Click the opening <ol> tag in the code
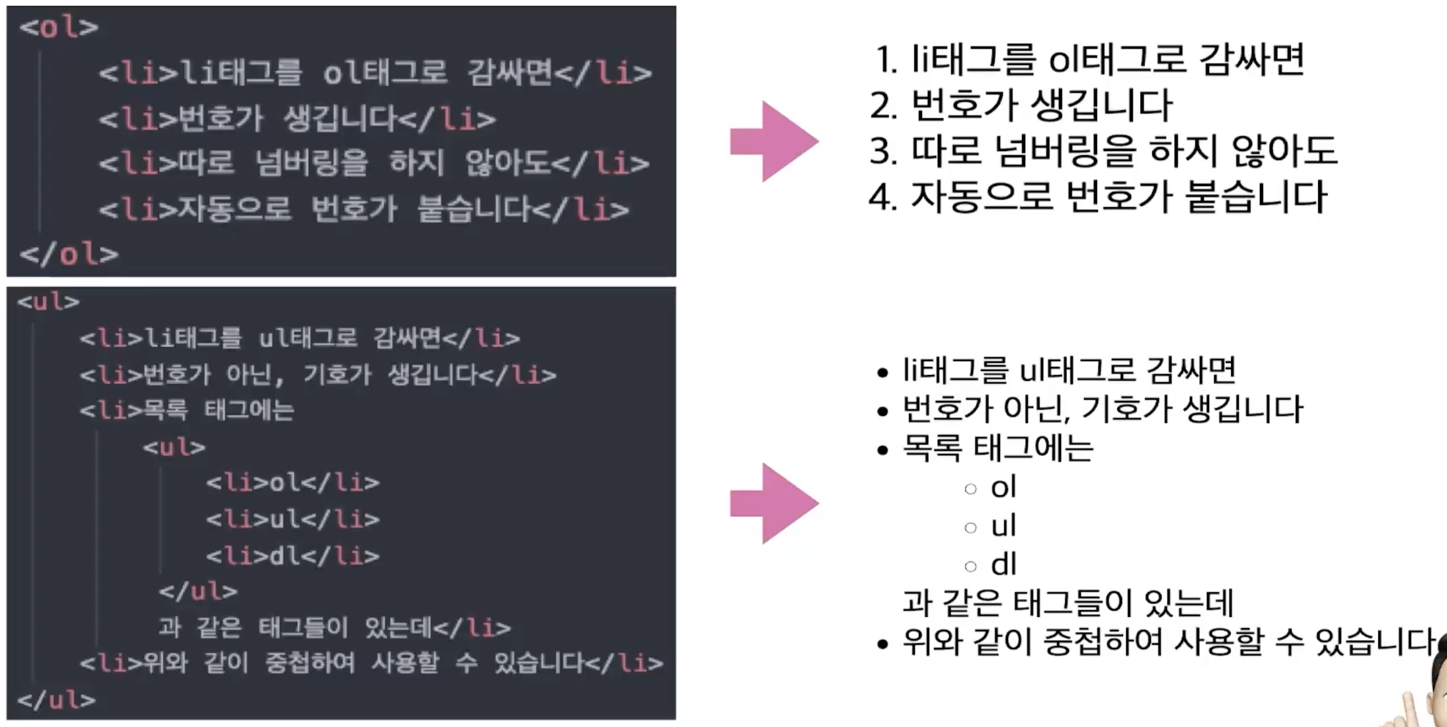(59, 27)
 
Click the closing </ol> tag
(69, 254)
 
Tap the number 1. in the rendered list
(886, 60)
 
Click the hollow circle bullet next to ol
(970, 489)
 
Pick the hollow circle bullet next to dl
(970, 566)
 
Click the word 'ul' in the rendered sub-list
(1003, 526)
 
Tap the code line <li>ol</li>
(293, 483)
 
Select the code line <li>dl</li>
(293, 556)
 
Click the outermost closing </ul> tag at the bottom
(56, 700)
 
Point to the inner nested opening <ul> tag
(174, 447)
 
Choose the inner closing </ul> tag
(198, 591)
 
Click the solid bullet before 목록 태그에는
(883, 450)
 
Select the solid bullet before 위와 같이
(883, 644)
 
